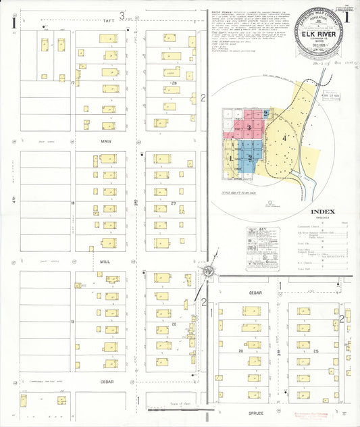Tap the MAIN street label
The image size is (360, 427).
107,141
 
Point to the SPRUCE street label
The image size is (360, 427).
255,411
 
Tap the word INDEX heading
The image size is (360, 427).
304,211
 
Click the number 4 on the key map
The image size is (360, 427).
284,138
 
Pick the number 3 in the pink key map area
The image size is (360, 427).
249,127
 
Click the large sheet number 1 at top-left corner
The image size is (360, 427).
14,22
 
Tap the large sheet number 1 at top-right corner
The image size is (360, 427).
347,18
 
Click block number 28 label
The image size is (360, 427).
174,82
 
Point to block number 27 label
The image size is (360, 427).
174,203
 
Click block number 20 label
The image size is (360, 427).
174,324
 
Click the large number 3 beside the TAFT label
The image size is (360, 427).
122,14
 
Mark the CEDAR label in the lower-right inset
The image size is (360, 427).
254,293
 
